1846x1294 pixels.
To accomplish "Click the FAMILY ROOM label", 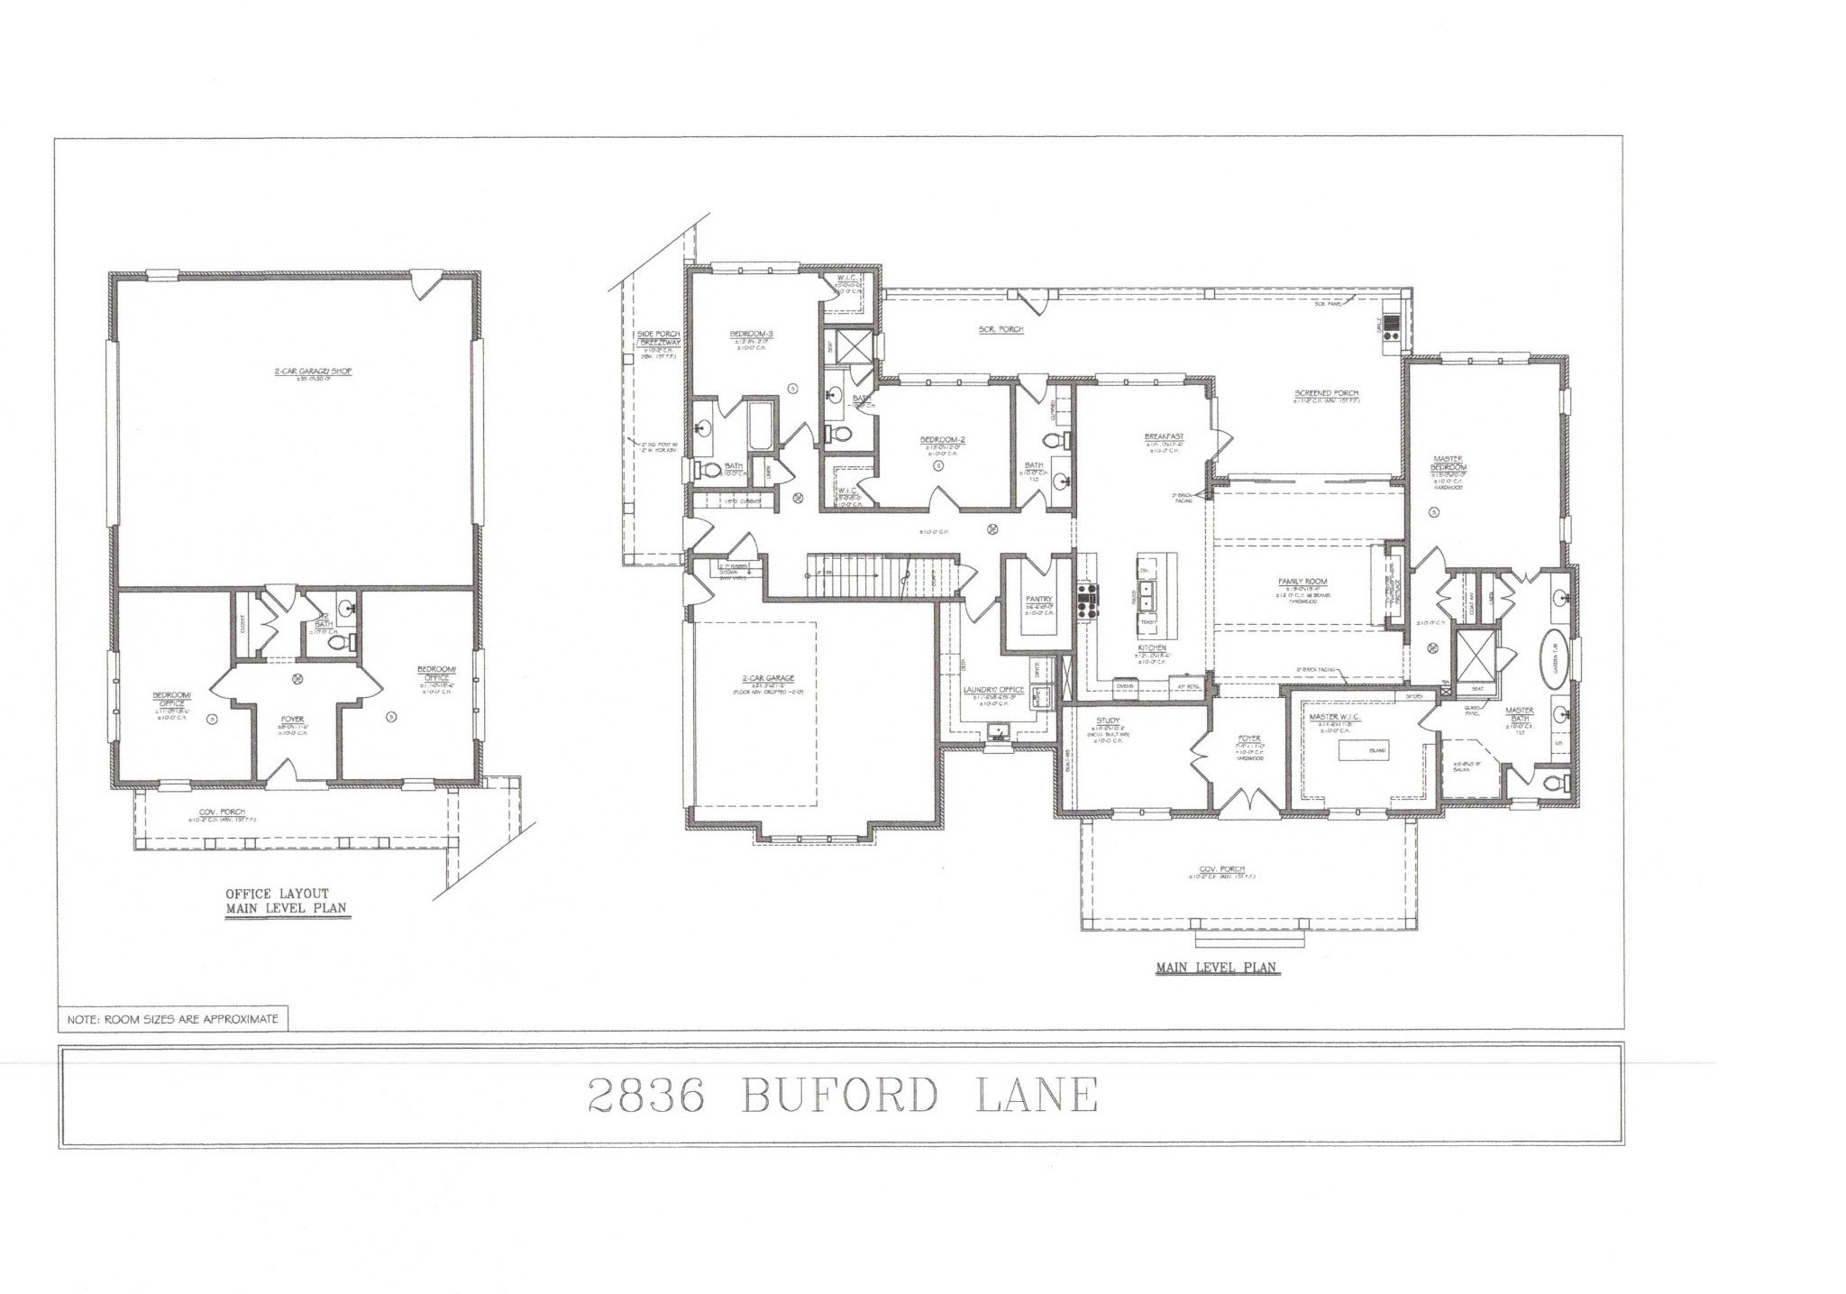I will tap(1302, 582).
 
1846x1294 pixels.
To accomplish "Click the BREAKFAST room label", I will tap(1164, 436).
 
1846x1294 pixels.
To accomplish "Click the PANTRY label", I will tap(1039, 599).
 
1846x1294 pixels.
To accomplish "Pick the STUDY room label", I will tap(1108, 720).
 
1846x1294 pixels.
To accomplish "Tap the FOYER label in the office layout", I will tap(292, 720).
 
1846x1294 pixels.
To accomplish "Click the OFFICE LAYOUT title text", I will tap(277, 893).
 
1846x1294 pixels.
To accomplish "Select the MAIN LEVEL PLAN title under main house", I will tap(1217, 968).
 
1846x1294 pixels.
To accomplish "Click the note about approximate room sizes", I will tap(173, 1020).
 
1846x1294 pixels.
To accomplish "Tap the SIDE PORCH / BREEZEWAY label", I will tap(658, 338).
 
